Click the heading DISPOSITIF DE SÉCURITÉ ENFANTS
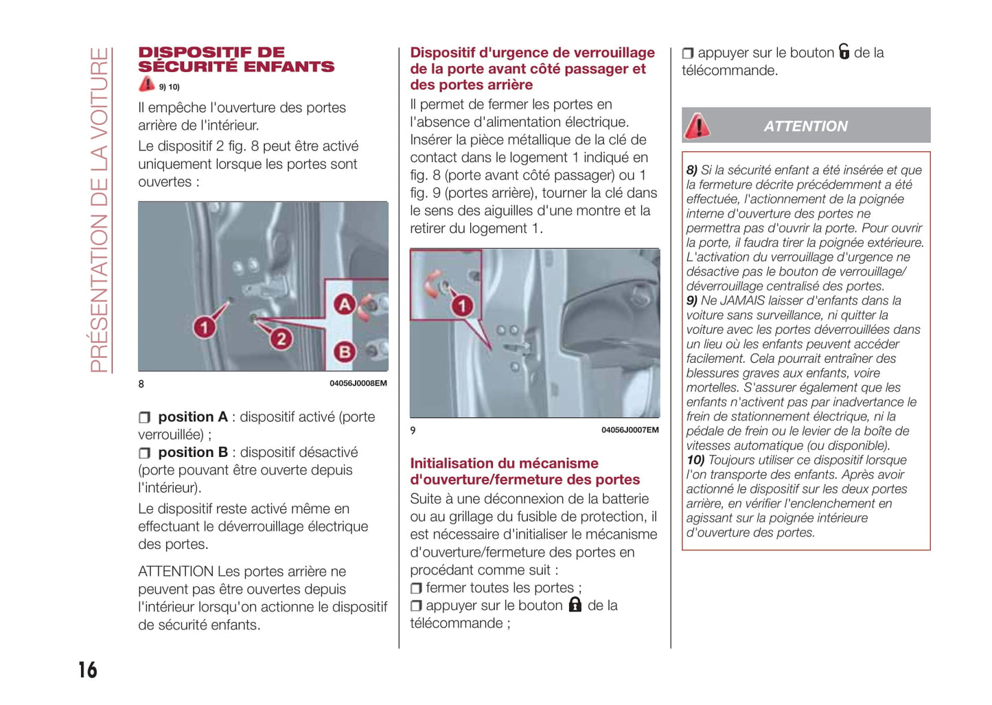pyautogui.click(x=235, y=60)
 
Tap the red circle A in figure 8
pyautogui.click(x=344, y=304)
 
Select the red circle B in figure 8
pyautogui.click(x=344, y=352)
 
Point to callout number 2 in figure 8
pyautogui.click(x=281, y=338)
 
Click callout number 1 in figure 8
pyautogui.click(x=203, y=327)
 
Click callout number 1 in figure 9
pyautogui.click(x=462, y=306)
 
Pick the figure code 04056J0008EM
pyautogui.click(x=358, y=383)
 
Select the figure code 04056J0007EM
pyautogui.click(x=630, y=430)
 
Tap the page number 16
pyautogui.click(x=88, y=670)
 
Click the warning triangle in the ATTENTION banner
pyautogui.click(x=697, y=126)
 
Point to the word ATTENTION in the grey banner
pyautogui.click(x=805, y=126)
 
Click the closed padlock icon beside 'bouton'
pyautogui.click(x=575, y=605)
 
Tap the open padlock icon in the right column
pyautogui.click(x=844, y=52)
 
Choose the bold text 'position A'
pyautogui.click(x=193, y=417)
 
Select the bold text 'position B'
pyautogui.click(x=193, y=453)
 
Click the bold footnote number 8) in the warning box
pyautogui.click(x=692, y=170)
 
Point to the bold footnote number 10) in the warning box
pyautogui.click(x=695, y=460)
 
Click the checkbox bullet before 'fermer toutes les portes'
pyautogui.click(x=416, y=588)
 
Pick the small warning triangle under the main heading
pyautogui.click(x=146, y=85)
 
